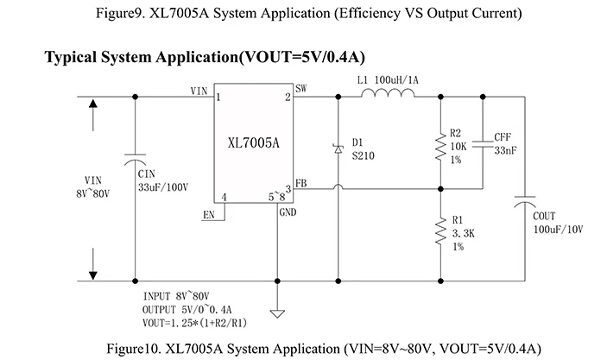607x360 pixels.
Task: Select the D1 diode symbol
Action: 338,148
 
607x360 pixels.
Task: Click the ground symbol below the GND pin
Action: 277,312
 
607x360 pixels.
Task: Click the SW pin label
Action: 300,89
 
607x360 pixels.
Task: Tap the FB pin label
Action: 300,183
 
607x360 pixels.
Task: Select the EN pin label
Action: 208,214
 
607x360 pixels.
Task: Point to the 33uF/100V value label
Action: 164,186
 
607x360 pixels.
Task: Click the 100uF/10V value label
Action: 559,230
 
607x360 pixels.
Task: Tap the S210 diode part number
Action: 364,156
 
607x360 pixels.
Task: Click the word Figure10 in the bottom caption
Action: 135,348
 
